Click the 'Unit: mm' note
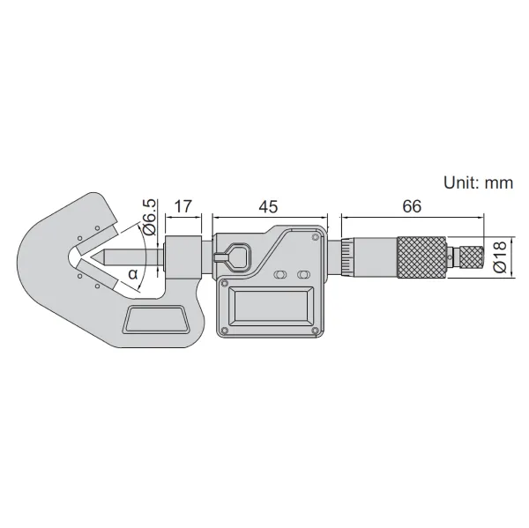(x=477, y=183)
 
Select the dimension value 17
(x=183, y=207)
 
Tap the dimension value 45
(x=268, y=207)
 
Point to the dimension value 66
(x=411, y=207)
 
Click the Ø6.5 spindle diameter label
(x=149, y=216)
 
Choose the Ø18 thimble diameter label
(x=499, y=255)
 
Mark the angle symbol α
(x=133, y=273)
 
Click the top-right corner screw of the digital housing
(x=316, y=236)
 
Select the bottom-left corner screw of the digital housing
(x=225, y=331)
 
